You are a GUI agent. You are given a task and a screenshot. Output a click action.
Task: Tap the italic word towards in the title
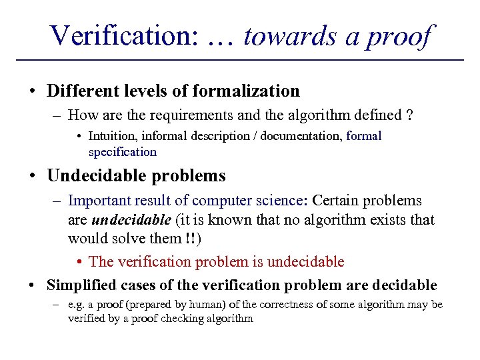coord(291,35)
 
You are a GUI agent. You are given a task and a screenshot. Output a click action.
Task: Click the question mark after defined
coord(409,115)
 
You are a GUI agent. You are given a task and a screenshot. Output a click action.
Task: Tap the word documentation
coord(301,136)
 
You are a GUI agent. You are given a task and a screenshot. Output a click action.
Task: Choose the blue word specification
coord(123,151)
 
